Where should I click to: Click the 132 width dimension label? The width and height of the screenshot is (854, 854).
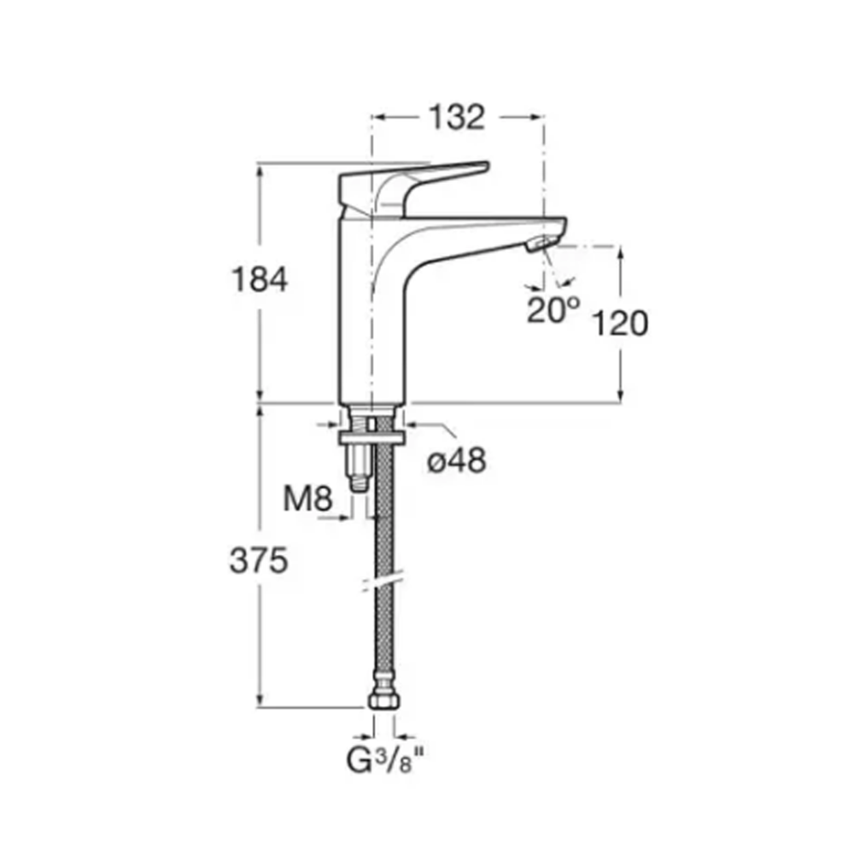pyautogui.click(x=456, y=117)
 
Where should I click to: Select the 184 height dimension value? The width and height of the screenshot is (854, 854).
pyautogui.click(x=260, y=279)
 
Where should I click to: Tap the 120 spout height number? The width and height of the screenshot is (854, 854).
pyautogui.click(x=620, y=323)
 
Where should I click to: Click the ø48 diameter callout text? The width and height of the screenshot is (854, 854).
pyautogui.click(x=456, y=461)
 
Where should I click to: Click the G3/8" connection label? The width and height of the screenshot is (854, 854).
pyautogui.click(x=384, y=759)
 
